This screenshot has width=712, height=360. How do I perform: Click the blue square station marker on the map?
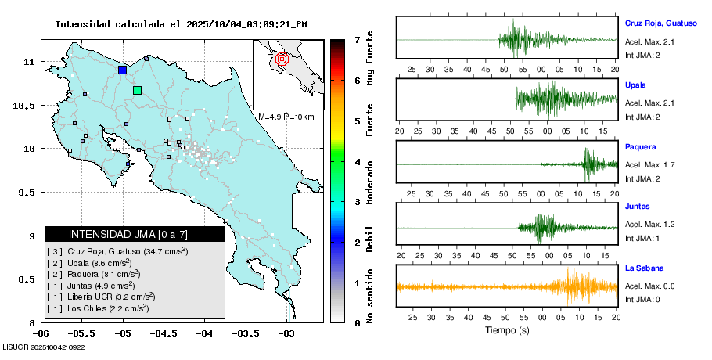tap(122, 70)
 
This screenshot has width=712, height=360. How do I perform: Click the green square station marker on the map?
tap(138, 90)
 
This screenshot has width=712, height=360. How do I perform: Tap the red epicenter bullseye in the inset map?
tap(283, 58)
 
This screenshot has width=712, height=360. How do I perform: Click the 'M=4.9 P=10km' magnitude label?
tap(286, 117)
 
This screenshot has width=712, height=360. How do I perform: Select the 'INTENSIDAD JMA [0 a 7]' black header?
tap(135, 234)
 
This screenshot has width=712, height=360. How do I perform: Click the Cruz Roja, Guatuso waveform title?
tap(660, 23)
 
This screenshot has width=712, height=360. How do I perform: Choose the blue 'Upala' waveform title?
tap(636, 85)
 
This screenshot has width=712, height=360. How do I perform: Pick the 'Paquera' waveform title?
tap(640, 146)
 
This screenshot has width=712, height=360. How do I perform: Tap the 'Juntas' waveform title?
tap(638, 207)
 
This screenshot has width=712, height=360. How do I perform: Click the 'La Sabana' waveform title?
tap(643, 268)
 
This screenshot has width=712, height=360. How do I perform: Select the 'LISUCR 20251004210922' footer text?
tap(44, 347)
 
